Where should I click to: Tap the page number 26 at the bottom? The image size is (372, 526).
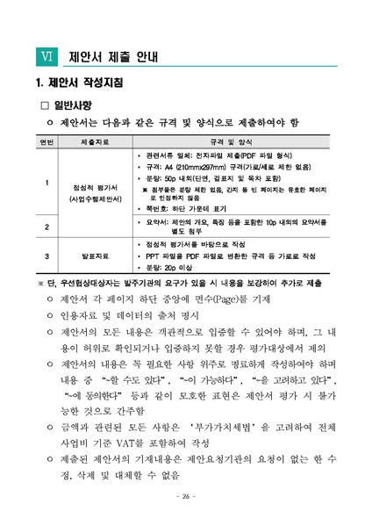coord(185,497)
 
